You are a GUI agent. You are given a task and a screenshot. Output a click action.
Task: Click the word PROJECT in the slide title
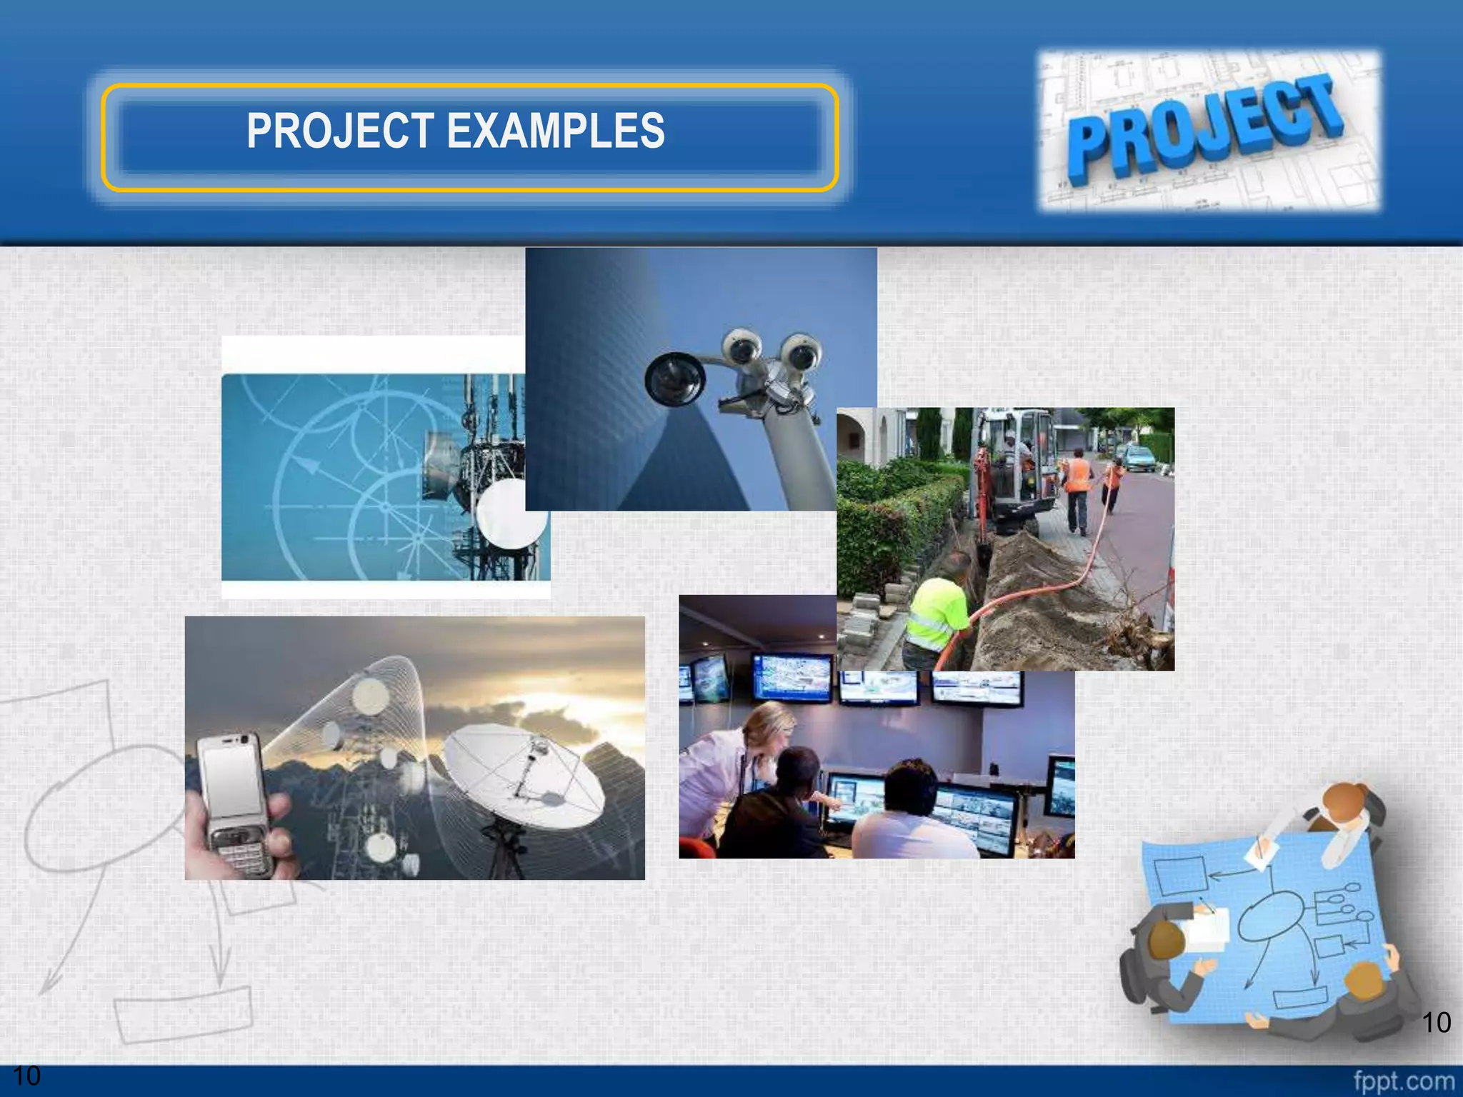340,131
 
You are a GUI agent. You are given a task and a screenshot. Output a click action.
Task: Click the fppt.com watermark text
1403,1081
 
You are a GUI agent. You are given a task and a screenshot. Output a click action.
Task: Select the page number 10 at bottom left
26,1076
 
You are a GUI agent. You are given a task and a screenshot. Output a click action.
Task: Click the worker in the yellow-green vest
936,614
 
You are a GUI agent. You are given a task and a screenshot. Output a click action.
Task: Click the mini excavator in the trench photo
1014,471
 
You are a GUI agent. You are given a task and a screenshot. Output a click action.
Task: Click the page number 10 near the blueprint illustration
1436,1022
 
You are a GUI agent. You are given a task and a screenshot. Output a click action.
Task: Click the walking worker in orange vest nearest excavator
1077,493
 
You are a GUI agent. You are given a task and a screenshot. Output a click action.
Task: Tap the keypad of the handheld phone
243,853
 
